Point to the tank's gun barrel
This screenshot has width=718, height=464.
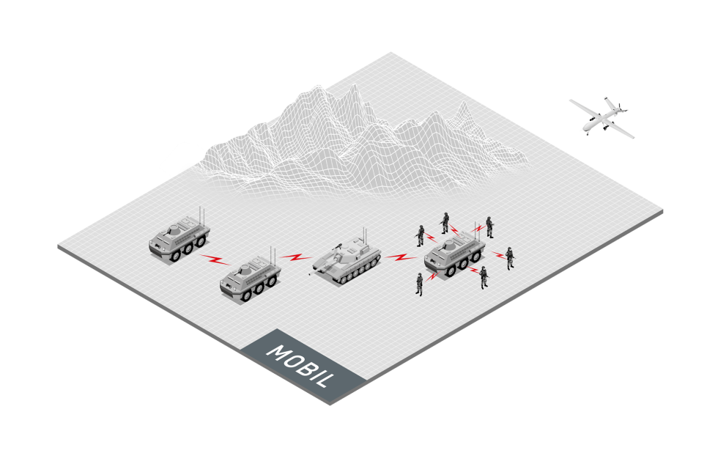pyautogui.click(x=321, y=268)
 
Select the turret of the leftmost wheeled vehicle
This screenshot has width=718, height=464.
pyautogui.click(x=174, y=228)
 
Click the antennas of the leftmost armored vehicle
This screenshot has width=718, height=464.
pyautogui.click(x=201, y=216)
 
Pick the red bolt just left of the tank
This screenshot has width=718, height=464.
pyautogui.click(x=296, y=257)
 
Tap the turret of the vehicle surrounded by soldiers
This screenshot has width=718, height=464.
pyautogui.click(x=450, y=245)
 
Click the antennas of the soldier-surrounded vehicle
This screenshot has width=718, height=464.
pyautogui.click(x=475, y=232)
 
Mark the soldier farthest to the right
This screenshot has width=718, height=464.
pyautogui.click(x=510, y=258)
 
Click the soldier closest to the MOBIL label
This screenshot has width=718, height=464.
pyautogui.click(x=419, y=284)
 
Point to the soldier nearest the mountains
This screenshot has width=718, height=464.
pyautogui.click(x=445, y=223)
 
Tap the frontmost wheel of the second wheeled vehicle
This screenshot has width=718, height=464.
pyautogui.click(x=246, y=295)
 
